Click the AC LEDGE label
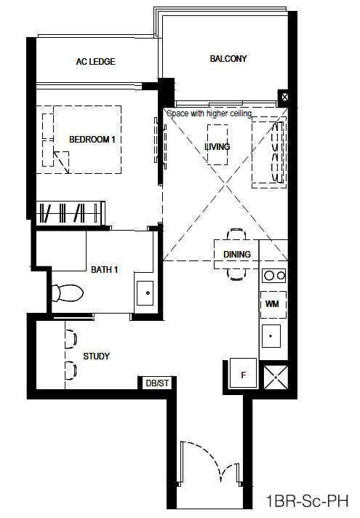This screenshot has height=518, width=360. coord(95,62)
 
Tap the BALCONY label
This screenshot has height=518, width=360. coord(228,59)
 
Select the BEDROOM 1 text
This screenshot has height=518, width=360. coord(92,140)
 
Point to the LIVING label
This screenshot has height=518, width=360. coord(217,147)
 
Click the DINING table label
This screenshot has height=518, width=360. coord(237,255)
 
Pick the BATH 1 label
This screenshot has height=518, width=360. coord(105,270)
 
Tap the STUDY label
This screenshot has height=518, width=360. coord(97,356)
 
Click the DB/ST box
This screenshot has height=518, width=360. coord(157,383)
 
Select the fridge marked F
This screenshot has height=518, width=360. coord(243,372)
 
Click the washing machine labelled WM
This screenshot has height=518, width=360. coord(273,304)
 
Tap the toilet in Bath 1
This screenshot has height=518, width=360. coord(68,293)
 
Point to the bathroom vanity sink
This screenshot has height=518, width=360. coord(145,293)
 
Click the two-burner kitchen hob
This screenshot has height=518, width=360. coord(273,275)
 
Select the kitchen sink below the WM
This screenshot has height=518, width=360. coord(271,336)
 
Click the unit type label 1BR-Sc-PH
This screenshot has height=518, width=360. coord(308,501)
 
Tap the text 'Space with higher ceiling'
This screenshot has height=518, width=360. coord(209,113)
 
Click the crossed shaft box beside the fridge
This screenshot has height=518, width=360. coord(276,377)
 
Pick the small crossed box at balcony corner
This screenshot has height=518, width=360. coord(284,97)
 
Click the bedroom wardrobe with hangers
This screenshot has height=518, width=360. coord(71,213)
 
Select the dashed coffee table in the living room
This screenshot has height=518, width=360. coord(217,144)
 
